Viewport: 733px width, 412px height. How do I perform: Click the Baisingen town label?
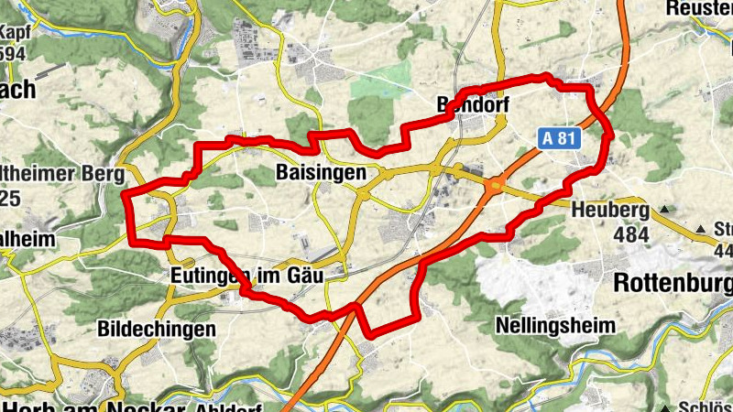click(x=320, y=172)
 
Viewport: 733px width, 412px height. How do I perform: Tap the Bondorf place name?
click(x=472, y=104)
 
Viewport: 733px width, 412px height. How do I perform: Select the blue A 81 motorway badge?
click(x=559, y=137)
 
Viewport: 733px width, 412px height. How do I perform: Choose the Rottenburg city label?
click(x=673, y=281)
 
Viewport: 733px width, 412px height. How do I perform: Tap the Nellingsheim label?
click(x=554, y=325)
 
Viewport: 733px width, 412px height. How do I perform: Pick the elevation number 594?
click(x=13, y=52)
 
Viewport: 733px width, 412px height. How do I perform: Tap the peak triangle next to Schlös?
click(x=662, y=406)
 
